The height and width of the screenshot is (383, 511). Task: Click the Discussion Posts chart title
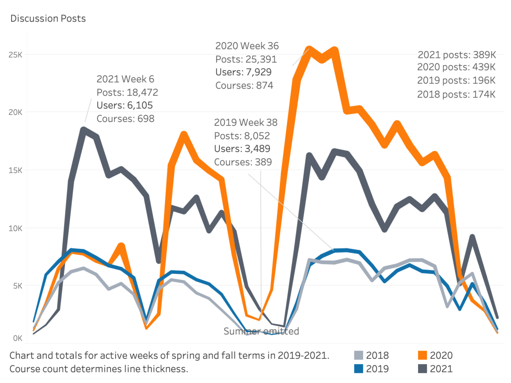tap(48, 18)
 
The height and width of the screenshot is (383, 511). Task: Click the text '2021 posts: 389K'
tap(456, 54)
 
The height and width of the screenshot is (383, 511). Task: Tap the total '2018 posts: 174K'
tap(456, 94)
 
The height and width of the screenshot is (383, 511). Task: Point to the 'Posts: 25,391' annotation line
tap(246, 59)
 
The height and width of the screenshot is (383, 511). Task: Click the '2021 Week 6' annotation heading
tap(125, 79)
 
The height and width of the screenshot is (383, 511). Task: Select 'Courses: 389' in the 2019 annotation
tap(243, 162)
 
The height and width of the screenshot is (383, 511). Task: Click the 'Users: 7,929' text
tap(243, 72)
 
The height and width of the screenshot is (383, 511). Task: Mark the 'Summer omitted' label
tap(261, 331)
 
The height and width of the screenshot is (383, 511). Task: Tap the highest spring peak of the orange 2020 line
tap(184, 134)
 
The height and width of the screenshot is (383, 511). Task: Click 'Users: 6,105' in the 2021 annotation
tap(125, 105)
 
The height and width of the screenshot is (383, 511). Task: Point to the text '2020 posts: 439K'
tap(456, 67)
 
